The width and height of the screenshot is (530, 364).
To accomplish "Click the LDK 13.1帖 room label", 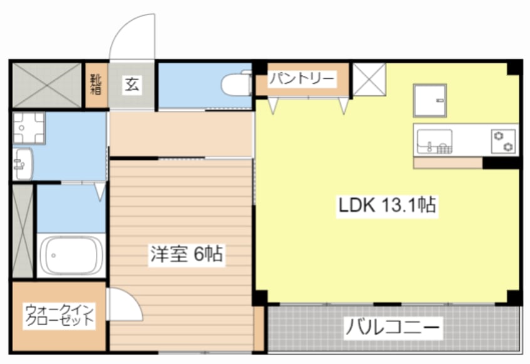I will tap(387, 205).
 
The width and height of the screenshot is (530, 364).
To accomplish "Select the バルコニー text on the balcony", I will tap(393, 327).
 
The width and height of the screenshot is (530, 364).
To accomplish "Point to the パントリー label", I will tap(302, 80).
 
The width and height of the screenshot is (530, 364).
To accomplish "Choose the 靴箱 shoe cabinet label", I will tap(96, 85).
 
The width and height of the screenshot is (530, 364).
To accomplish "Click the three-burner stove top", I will tap(503, 140).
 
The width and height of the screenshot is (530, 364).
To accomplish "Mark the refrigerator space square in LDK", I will tap(430, 100).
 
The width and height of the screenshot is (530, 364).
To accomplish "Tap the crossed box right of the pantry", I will tap(368, 80).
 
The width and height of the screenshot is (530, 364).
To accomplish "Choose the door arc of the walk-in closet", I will tap(123, 304).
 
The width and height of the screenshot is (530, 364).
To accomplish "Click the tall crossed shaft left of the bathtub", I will tap(21, 230).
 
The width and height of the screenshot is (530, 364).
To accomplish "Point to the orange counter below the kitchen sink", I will tap(447, 163).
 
